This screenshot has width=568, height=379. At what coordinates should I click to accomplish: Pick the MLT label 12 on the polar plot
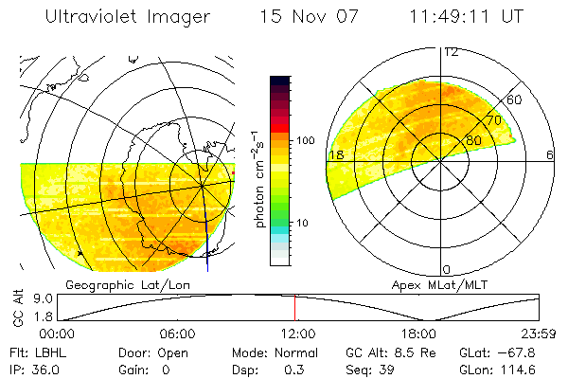coord(451,51)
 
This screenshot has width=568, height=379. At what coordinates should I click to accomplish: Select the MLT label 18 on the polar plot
coord(334,154)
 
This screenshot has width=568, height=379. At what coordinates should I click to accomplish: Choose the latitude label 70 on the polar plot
coord(492,120)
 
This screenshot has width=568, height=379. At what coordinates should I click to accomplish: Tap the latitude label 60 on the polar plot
coord(514,99)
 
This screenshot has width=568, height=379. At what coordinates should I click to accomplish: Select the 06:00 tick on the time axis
coord(177,334)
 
